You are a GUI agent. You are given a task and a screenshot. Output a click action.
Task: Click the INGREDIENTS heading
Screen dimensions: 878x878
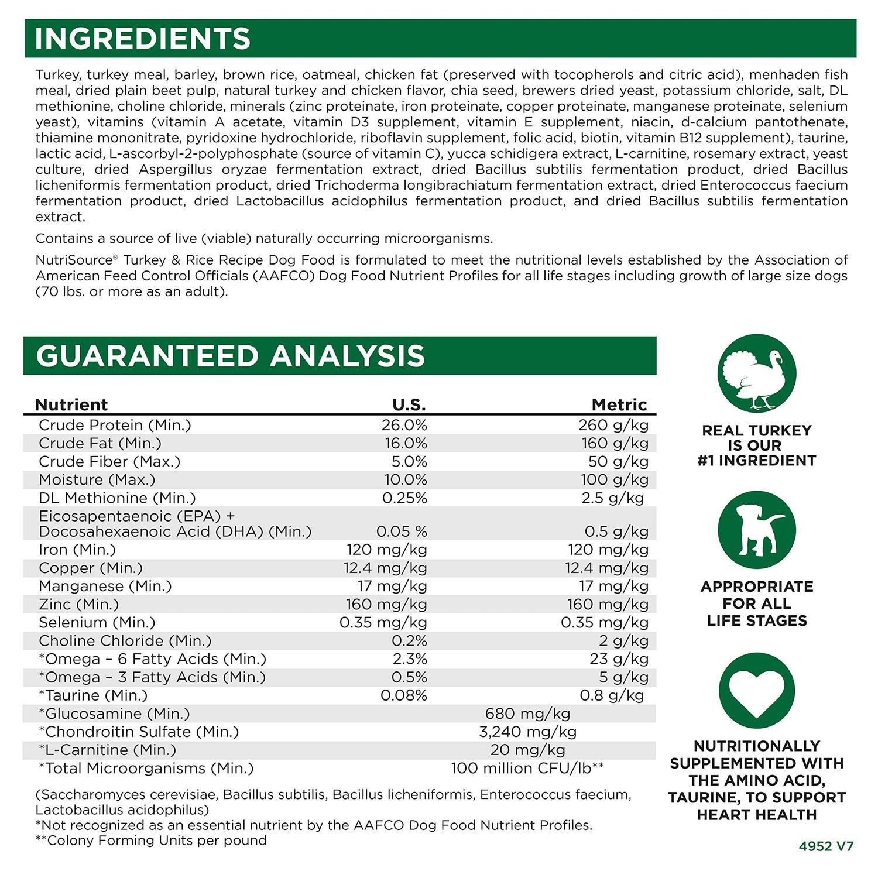click(x=143, y=39)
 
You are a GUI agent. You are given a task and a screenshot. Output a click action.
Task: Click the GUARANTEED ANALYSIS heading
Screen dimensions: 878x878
click(x=230, y=356)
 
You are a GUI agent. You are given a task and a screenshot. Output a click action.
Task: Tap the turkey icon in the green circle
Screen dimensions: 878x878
click(x=756, y=373)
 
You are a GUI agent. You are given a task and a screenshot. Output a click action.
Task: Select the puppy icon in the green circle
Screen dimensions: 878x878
click(x=756, y=530)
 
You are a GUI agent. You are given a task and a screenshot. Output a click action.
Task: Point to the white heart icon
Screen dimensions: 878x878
click(x=756, y=691)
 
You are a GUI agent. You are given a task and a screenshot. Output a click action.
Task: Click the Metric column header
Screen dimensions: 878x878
click(x=619, y=404)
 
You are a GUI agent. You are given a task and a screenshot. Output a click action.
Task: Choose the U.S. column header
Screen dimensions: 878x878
click(x=409, y=404)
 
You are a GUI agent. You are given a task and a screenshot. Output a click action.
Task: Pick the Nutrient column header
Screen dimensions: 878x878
click(x=71, y=404)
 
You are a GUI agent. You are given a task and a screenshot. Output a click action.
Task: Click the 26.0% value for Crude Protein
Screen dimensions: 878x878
click(x=404, y=425)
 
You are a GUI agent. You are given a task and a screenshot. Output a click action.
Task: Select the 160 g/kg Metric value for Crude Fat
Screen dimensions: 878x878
click(x=615, y=443)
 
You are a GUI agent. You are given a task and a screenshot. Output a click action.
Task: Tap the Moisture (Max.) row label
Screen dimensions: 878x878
click(x=97, y=480)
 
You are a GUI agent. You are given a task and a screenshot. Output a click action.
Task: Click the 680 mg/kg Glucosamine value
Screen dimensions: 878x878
click(x=527, y=714)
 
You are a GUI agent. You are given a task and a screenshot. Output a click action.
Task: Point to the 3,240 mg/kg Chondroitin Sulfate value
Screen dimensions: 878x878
click(x=527, y=732)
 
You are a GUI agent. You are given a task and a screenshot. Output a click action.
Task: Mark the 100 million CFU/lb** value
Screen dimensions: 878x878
click(x=527, y=768)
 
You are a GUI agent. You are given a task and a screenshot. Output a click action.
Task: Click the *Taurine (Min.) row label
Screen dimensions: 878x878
click(x=93, y=695)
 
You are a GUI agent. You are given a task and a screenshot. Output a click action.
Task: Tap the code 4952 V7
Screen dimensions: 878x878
click(x=826, y=846)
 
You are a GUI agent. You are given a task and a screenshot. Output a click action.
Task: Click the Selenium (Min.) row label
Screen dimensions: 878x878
click(x=97, y=623)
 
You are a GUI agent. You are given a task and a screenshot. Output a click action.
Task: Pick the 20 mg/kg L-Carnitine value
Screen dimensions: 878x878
click(x=527, y=750)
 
